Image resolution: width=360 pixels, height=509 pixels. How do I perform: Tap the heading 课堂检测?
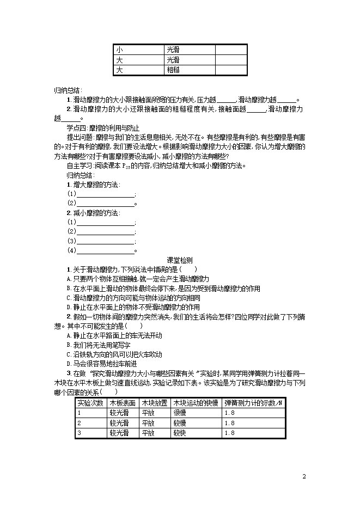[x=180, y=260]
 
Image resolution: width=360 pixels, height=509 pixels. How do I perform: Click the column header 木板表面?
[x=123, y=403]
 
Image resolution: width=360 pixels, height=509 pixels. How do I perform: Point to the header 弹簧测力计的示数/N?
[x=253, y=403]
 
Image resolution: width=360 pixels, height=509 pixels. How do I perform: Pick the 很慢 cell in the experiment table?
[x=180, y=413]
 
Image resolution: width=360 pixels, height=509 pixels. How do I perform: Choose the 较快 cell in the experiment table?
[x=180, y=433]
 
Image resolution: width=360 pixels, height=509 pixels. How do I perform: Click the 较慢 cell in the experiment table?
[x=180, y=423]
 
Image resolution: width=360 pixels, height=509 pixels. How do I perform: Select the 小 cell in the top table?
[x=120, y=50]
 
